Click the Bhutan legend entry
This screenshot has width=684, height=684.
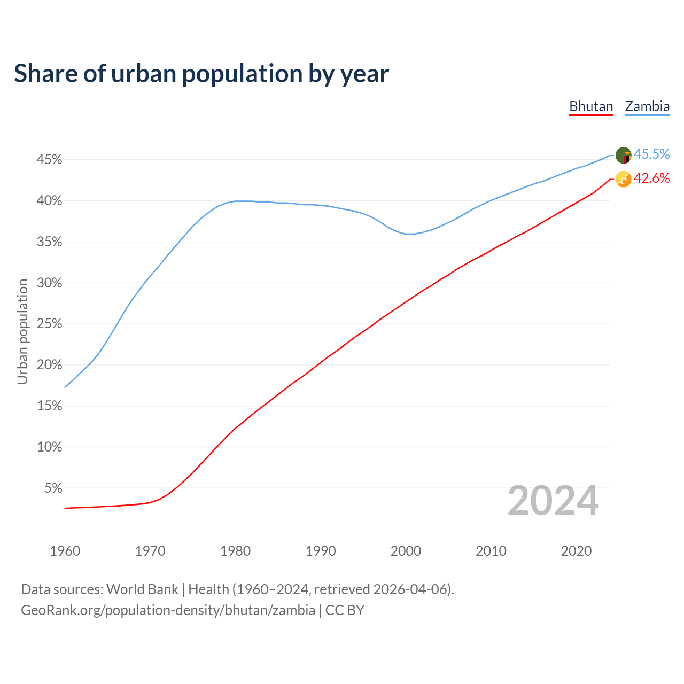(591, 106)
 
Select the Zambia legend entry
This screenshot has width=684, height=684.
(647, 106)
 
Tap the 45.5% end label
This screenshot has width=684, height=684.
(651, 154)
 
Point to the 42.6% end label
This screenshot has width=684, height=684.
(651, 178)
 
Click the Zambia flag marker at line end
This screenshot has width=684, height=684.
(623, 155)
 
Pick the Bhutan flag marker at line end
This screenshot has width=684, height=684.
(623, 179)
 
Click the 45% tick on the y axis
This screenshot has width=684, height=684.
(50, 160)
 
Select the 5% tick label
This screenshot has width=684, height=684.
(53, 488)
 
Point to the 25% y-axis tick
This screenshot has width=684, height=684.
(50, 324)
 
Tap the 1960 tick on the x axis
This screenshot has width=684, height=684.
(65, 551)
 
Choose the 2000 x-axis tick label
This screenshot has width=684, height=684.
(406, 551)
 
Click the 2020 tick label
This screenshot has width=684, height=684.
(576, 551)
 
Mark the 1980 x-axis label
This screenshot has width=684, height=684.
(235, 551)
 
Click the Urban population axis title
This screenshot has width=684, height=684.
(22, 331)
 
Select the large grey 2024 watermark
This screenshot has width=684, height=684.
(553, 501)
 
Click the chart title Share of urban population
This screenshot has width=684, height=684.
(201, 74)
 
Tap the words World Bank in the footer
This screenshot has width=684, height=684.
(142, 589)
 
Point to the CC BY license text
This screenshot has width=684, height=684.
(345, 610)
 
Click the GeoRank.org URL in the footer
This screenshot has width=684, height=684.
(168, 610)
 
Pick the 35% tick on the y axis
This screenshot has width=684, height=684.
(50, 242)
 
